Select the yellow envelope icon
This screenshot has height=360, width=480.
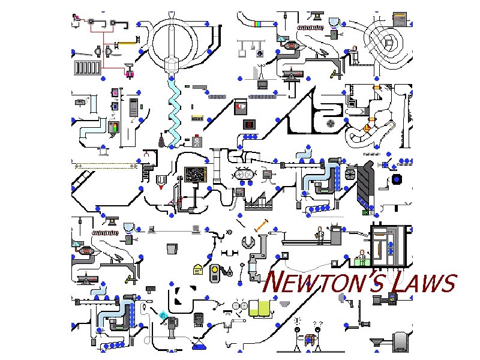pyautogui.click(x=197, y=270)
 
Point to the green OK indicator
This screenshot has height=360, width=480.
pyautogui.click(x=366, y=212)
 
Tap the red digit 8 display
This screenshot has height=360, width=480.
pyautogui.click(x=248, y=124)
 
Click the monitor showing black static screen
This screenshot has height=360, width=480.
pyautogui.click(x=196, y=175)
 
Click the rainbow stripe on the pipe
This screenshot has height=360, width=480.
pyautogui.click(x=259, y=24)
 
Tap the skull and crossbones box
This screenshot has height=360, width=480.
pyautogui.click(x=197, y=142)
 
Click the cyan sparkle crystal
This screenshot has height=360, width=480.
pyautogui.click(x=163, y=314)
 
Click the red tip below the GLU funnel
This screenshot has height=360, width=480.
pyautogui.click(x=161, y=187)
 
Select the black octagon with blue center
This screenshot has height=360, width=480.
pyautogui.click(x=396, y=180)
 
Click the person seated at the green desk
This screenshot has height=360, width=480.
pyautogui.click(x=362, y=254)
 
